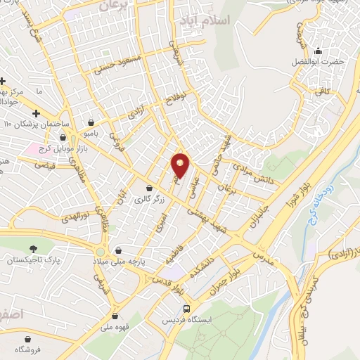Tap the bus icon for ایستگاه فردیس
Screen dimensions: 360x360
point(186,308)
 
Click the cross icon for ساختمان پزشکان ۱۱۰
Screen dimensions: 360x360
point(36,113)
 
